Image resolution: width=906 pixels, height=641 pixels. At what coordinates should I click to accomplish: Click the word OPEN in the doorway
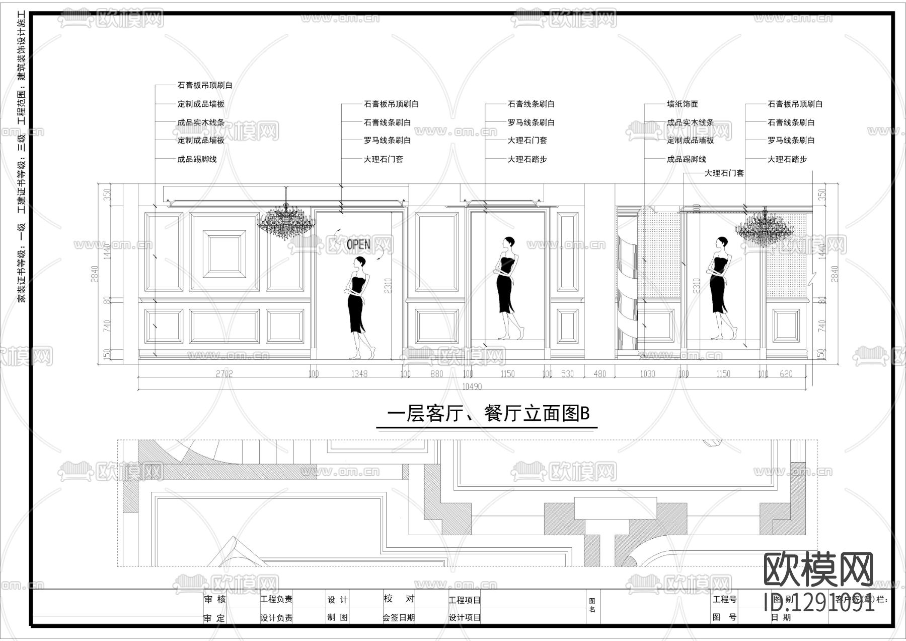[x=358, y=245]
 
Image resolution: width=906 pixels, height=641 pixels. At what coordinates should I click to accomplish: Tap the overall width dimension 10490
[x=472, y=387]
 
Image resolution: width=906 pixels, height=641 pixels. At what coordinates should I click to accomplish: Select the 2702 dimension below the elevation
[x=224, y=373]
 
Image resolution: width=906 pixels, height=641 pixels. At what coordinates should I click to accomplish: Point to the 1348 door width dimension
[x=359, y=373]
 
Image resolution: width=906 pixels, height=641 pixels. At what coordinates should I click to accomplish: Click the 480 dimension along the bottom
[x=599, y=373]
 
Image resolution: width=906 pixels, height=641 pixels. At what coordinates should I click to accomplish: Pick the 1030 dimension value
[x=647, y=373]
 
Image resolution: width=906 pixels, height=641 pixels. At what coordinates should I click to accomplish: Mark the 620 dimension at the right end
[x=786, y=373]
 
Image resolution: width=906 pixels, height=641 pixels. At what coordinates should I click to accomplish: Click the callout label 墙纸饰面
[x=683, y=104]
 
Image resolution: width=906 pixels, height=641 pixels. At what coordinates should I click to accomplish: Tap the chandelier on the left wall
[x=286, y=221]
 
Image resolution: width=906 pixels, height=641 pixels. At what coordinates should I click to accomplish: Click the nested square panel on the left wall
[x=224, y=254]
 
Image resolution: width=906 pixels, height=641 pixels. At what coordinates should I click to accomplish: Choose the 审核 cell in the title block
[x=215, y=599]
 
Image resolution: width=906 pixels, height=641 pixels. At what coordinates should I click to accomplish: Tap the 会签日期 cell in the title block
[x=399, y=617]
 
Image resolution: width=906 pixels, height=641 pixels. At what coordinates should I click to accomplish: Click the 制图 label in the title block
[x=337, y=617]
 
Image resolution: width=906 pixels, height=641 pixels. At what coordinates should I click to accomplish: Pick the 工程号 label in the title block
[x=725, y=599]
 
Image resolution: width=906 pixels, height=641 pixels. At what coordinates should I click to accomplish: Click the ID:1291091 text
[x=819, y=603]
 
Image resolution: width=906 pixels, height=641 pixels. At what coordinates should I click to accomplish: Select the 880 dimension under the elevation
[x=436, y=373]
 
